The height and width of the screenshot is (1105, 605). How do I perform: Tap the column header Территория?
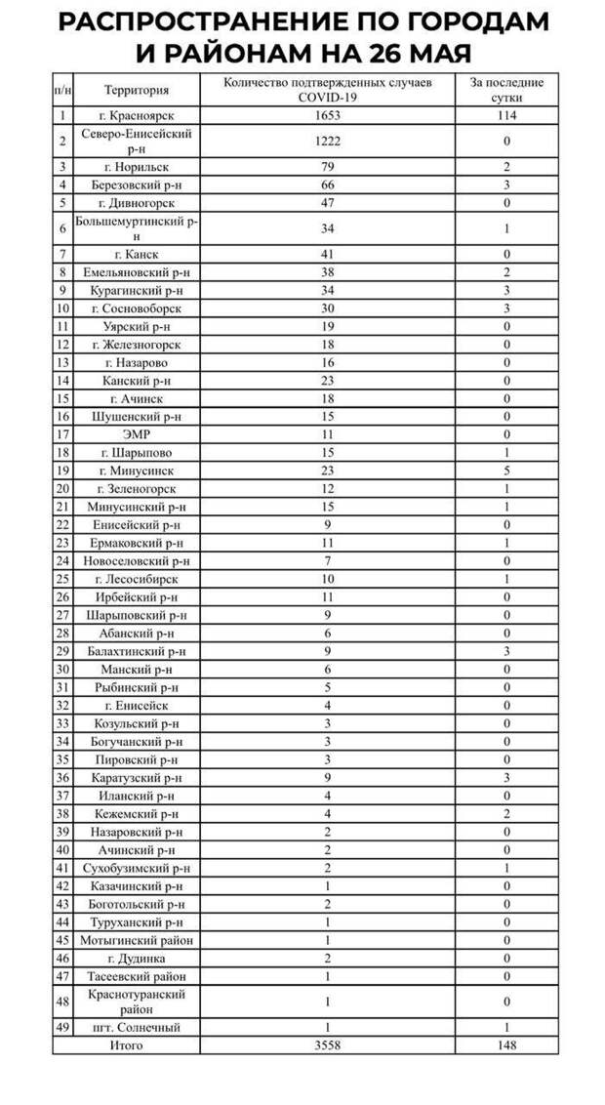[137, 90]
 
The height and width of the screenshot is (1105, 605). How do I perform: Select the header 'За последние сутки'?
[506, 90]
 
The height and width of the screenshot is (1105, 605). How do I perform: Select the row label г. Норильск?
[137, 167]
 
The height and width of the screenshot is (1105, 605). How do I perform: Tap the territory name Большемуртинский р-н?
[137, 228]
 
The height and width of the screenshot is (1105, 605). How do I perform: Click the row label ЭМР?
[137, 433]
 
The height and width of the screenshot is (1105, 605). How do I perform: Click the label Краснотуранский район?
[137, 1002]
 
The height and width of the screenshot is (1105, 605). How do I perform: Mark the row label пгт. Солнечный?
[137, 1027]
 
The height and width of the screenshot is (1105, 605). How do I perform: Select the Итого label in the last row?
[127, 1044]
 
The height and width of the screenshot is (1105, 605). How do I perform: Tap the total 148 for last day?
[506, 1044]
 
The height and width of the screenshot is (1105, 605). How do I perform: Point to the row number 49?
[62, 1027]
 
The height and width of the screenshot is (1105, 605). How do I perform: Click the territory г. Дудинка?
[137, 959]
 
